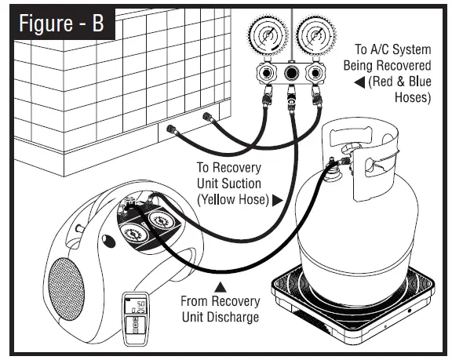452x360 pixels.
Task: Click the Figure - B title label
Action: point(62,24)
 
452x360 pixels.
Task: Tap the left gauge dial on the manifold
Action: point(268,36)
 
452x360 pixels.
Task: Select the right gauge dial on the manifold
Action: point(316,36)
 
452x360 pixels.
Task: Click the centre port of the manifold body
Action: point(291,73)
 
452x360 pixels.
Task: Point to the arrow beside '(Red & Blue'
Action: point(359,82)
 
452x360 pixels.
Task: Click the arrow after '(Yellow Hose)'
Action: point(278,200)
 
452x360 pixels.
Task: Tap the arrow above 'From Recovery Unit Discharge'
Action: point(221,287)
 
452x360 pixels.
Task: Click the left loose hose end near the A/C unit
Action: point(172,129)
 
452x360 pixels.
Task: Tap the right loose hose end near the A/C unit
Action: point(208,117)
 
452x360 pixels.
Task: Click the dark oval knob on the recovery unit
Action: point(108,241)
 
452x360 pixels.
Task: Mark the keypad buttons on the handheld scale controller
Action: point(136,325)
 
